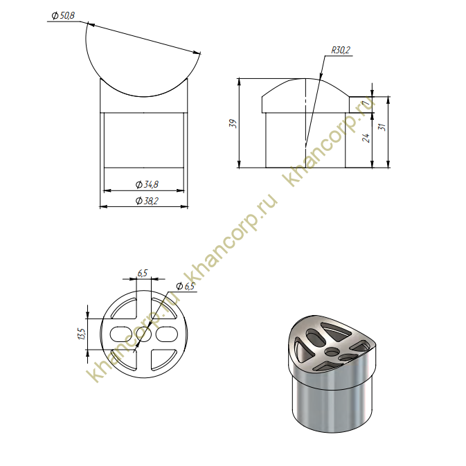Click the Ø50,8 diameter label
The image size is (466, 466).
pos(63,15)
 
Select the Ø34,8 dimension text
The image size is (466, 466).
pos(147,185)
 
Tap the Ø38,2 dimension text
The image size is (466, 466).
pos(147,201)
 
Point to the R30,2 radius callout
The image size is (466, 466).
pos(341,50)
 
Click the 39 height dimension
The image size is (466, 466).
pos(233,123)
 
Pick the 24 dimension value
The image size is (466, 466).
pos(367,138)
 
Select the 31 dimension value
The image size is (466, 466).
pos(383,127)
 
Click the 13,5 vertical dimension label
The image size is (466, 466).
pos(82,334)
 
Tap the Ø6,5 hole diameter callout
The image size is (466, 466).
pos(185,286)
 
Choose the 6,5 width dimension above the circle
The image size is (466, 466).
pos(143,273)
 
